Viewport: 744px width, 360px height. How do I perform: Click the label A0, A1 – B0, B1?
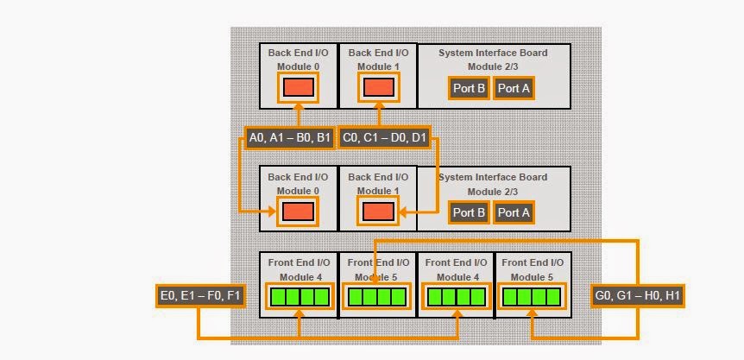(x=288, y=138)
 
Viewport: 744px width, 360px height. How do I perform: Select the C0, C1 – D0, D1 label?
(x=384, y=138)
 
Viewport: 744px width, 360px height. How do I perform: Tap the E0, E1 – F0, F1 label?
(x=201, y=296)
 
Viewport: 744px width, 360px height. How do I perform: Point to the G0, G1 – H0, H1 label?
(x=638, y=296)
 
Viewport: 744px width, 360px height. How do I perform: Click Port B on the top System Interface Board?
(x=469, y=88)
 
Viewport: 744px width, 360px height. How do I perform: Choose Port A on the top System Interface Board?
(x=514, y=88)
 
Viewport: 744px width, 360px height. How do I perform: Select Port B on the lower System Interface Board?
(x=469, y=212)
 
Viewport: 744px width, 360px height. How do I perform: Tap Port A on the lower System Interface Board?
(x=514, y=212)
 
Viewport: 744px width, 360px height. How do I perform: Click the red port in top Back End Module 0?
(x=299, y=87)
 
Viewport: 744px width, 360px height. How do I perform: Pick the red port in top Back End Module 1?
(x=378, y=87)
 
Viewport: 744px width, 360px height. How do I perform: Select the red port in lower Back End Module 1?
(x=378, y=212)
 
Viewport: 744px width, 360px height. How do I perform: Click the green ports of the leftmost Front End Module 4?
(x=299, y=297)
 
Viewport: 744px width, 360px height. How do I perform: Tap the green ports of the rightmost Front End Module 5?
(x=533, y=297)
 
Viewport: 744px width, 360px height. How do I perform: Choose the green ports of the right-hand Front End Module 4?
(x=457, y=297)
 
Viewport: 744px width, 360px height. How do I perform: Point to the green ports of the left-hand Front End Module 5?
(x=375, y=297)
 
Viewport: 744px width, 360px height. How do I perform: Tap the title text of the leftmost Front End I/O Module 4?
(x=298, y=268)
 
